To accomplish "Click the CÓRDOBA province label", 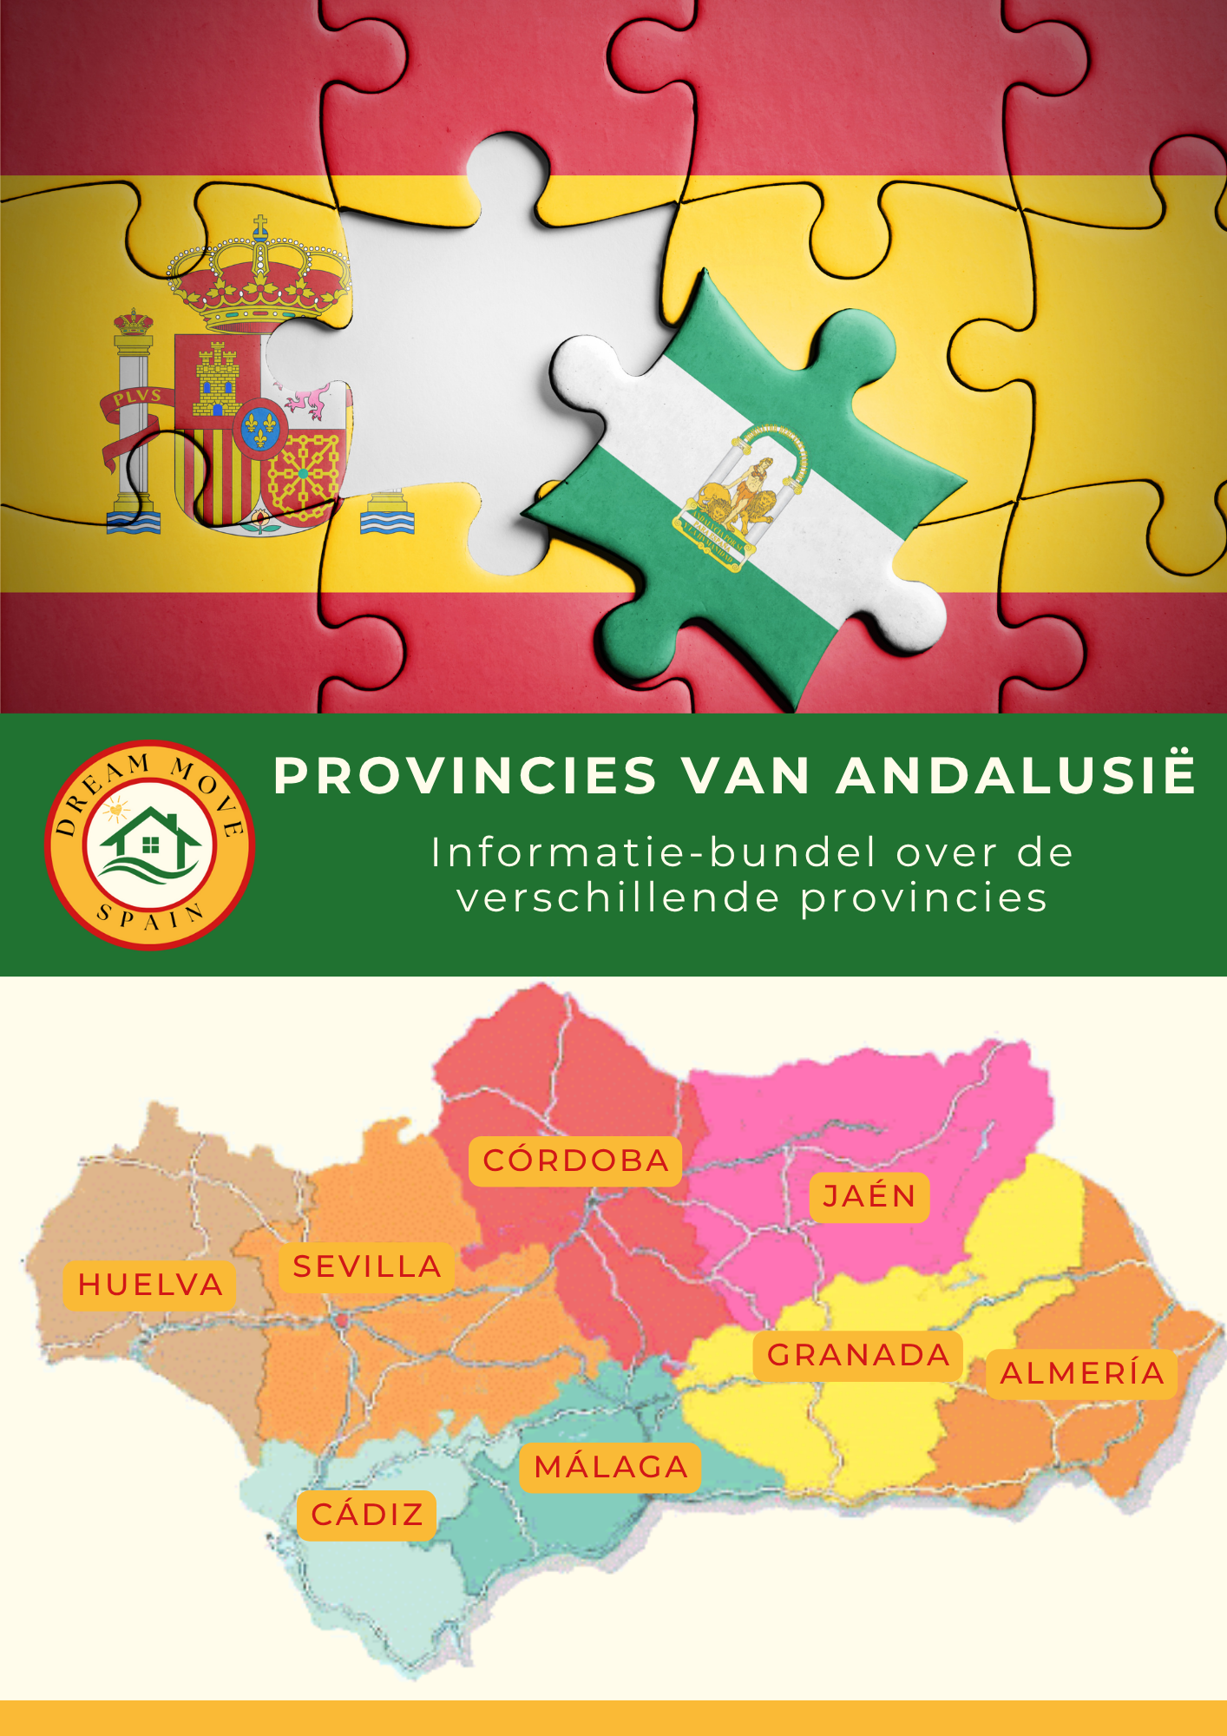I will tap(575, 1161).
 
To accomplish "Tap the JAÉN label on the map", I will tap(869, 1197).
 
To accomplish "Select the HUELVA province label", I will tap(150, 1285).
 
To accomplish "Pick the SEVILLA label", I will tap(367, 1267).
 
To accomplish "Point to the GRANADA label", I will tap(858, 1355).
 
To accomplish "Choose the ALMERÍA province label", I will tap(1082, 1373).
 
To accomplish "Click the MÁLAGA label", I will tap(611, 1468).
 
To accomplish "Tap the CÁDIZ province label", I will tap(367, 1515).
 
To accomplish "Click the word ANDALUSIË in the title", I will tap(1016, 774).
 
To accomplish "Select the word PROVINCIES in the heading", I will tap(465, 776).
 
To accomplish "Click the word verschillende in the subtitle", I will tap(619, 898).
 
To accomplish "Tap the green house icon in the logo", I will tap(150, 841).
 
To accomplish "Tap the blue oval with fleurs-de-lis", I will tap(259, 425).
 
